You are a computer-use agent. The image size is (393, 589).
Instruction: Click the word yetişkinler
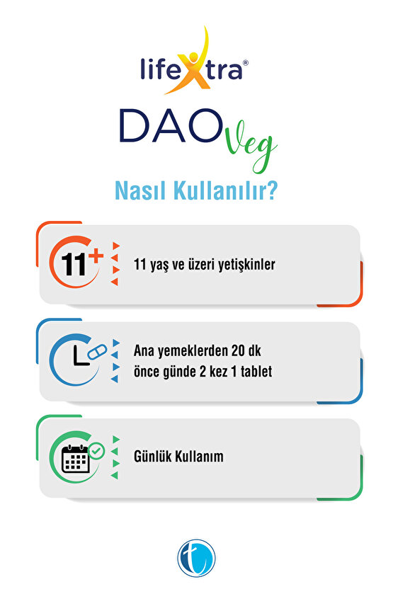(x=244, y=265)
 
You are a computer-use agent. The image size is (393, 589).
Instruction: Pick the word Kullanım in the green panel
(x=200, y=457)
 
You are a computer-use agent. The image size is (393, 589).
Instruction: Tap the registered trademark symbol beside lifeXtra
(x=245, y=62)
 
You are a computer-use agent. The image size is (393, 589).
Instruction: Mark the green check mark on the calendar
(x=96, y=449)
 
